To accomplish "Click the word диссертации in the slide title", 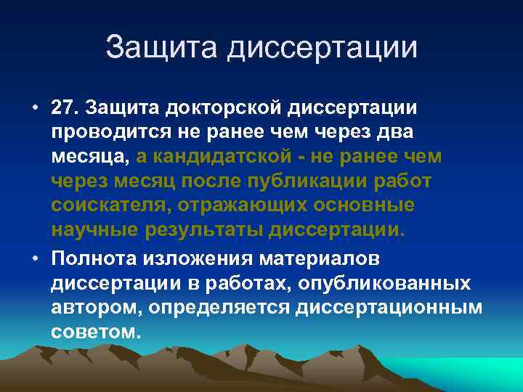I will click(323, 48).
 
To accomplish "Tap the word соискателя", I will click(110, 205).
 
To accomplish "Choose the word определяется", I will click(221, 308).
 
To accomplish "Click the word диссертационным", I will click(389, 308).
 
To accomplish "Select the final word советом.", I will click(95, 332).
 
